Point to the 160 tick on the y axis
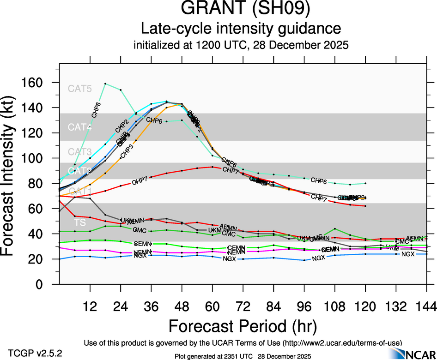(33, 83)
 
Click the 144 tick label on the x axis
(426, 306)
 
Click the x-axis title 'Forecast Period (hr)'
(243, 326)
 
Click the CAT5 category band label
(79, 89)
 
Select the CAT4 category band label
(79, 127)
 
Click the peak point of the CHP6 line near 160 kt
(105, 84)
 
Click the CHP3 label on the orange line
(127, 150)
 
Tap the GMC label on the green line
(140, 230)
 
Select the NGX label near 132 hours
(408, 254)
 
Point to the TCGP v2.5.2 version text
(35, 353)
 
